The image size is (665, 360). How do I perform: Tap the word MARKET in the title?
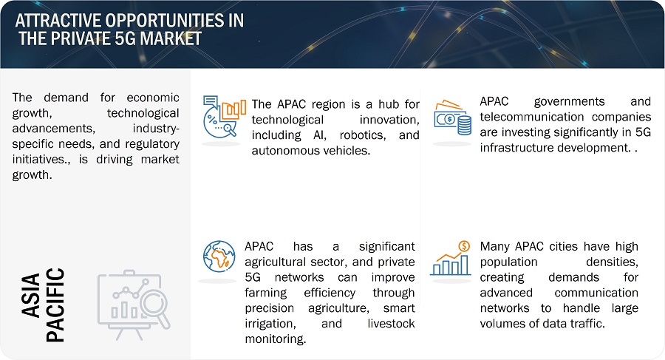coord(171,38)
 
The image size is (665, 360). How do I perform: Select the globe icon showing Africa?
coord(219,257)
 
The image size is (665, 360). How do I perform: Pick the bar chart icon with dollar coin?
coord(451,258)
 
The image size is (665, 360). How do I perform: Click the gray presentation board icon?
coord(134,305)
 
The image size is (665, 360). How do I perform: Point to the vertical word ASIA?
coord(31,296)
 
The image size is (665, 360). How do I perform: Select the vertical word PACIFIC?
coord(55,305)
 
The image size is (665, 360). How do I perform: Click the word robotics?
coord(363,135)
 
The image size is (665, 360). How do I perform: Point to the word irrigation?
coord(270,324)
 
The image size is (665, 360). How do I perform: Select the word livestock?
coord(391,324)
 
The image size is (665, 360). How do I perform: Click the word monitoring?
coord(276,339)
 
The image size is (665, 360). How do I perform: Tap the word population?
coord(508,262)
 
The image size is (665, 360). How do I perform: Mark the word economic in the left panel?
coord(153,98)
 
